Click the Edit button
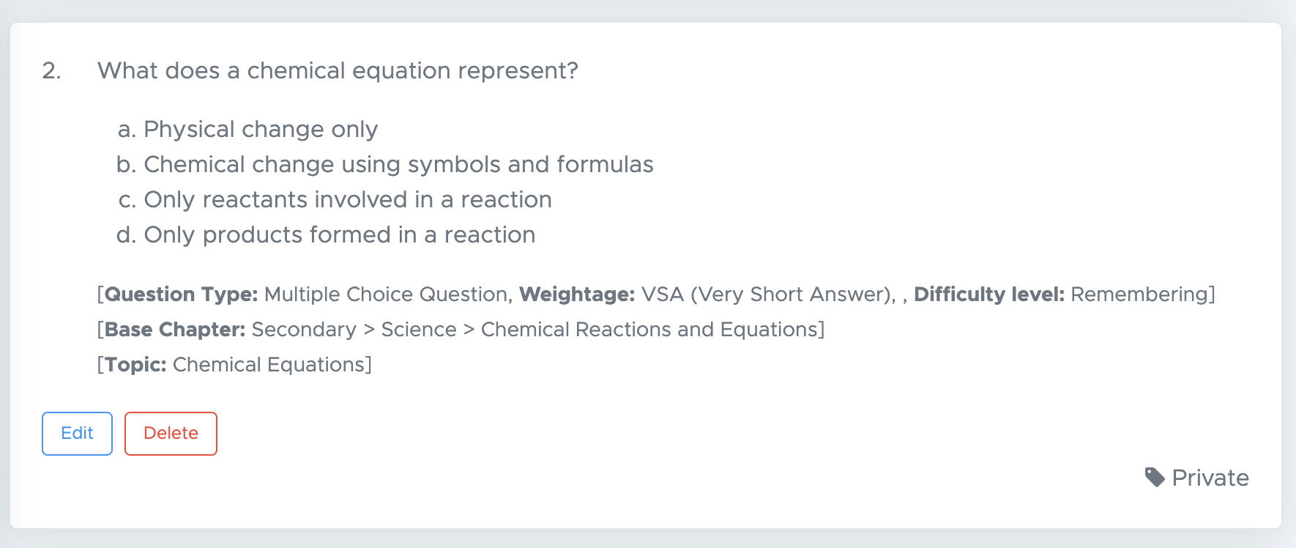tap(77, 434)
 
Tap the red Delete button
tap(171, 434)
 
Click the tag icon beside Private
tap(1155, 478)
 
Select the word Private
tap(1210, 478)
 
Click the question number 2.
tap(51, 70)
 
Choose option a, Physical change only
tap(247, 129)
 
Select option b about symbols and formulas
tap(385, 164)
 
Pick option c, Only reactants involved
tap(335, 199)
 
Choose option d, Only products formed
tap(326, 234)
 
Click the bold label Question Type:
tap(182, 295)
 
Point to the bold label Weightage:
tap(577, 295)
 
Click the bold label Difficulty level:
tap(989, 295)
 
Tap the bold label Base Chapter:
tap(175, 330)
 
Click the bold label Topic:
tap(135, 365)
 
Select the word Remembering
tap(1139, 295)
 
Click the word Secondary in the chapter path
tap(304, 330)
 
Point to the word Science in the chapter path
tap(419, 330)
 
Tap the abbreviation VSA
tap(663, 295)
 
